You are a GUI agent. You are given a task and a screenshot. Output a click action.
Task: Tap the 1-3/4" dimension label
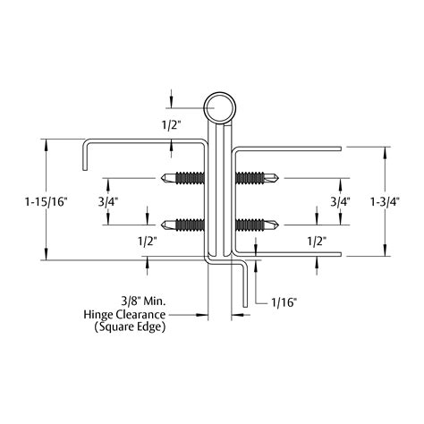coord(384,200)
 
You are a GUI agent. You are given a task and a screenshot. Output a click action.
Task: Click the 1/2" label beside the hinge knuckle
coord(170,124)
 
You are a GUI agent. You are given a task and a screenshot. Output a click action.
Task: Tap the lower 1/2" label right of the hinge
coord(315,241)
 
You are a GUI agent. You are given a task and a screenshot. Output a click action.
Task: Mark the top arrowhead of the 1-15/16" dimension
coord(46,142)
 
